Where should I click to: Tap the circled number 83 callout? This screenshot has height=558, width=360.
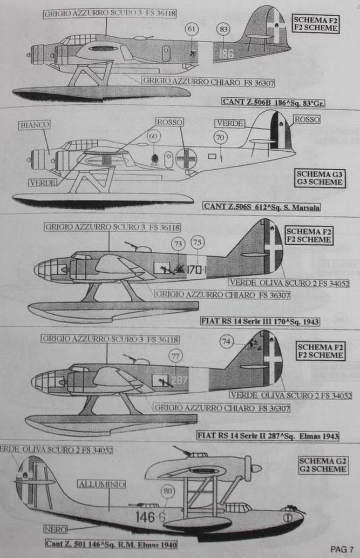[x=222, y=29]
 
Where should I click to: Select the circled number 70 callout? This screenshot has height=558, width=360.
[x=220, y=138]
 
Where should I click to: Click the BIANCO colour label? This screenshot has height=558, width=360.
[x=35, y=125]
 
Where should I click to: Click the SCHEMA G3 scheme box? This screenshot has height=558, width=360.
[x=320, y=178]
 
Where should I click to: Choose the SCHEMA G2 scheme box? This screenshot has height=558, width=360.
[x=322, y=465]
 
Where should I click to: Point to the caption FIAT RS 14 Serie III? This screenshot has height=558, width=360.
[x=258, y=321]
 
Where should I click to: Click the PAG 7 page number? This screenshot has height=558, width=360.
[x=342, y=549]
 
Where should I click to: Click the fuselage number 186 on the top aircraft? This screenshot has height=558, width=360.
[x=226, y=53]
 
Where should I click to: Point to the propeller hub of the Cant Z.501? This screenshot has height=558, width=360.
[x=256, y=468]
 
